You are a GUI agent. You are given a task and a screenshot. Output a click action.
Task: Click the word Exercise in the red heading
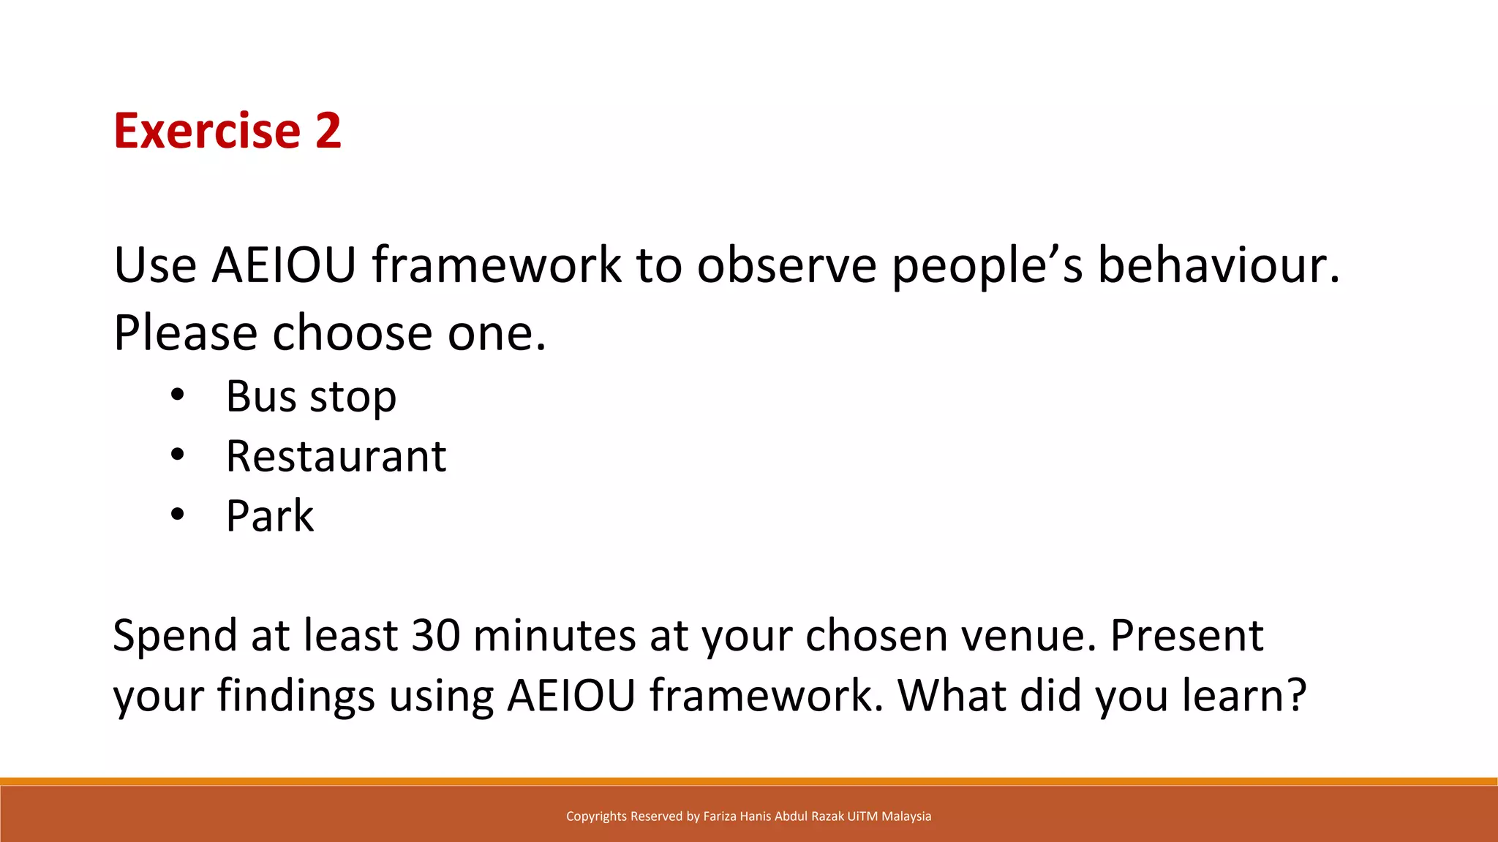[207, 131]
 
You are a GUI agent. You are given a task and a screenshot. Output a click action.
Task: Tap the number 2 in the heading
[328, 131]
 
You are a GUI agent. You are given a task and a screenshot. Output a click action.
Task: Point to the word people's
[987, 266]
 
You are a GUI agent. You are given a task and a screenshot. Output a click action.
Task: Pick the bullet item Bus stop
[311, 397]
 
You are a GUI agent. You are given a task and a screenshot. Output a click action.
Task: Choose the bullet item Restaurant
[336, 457]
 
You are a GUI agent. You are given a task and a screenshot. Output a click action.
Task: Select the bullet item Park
[270, 517]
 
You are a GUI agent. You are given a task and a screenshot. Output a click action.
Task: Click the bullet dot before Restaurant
[178, 455]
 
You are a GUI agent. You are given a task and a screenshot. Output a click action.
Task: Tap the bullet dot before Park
[178, 515]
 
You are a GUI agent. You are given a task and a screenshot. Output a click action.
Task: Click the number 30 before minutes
[436, 634]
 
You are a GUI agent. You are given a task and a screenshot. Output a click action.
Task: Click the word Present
[1186, 634]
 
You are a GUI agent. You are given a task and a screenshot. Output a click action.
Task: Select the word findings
[296, 696]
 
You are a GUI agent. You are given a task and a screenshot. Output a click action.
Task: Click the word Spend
[174, 636]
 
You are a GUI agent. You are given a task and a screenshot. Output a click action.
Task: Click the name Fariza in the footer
[720, 816]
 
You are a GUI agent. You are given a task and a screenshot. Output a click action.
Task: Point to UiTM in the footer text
[862, 816]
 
